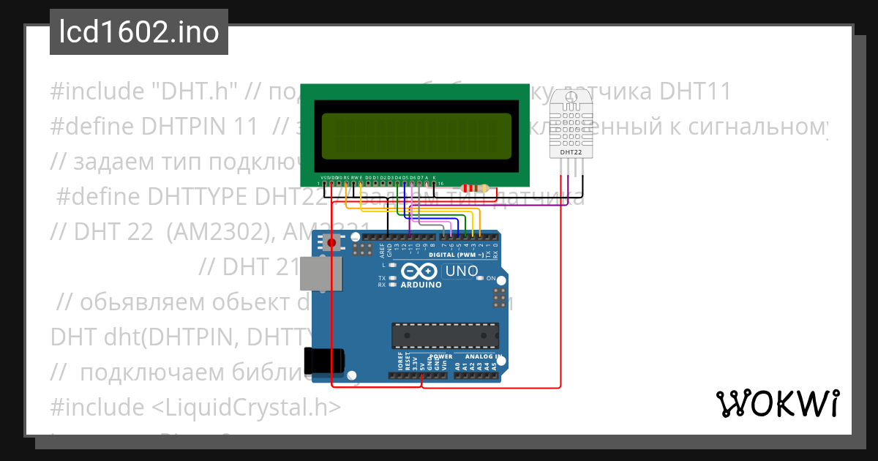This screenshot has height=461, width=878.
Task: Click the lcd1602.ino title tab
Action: click(x=139, y=33)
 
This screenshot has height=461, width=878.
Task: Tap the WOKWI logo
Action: click(x=777, y=403)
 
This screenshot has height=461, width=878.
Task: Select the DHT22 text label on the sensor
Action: click(x=571, y=152)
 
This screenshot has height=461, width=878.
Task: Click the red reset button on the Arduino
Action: click(x=333, y=242)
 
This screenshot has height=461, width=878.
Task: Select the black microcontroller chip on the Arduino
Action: click(x=446, y=334)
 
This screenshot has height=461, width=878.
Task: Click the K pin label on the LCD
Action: click(x=434, y=177)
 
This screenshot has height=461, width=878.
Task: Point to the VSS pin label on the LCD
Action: click(x=324, y=177)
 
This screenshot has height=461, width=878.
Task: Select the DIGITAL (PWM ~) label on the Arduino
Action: click(x=455, y=255)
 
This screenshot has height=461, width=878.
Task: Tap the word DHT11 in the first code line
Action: click(x=695, y=91)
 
